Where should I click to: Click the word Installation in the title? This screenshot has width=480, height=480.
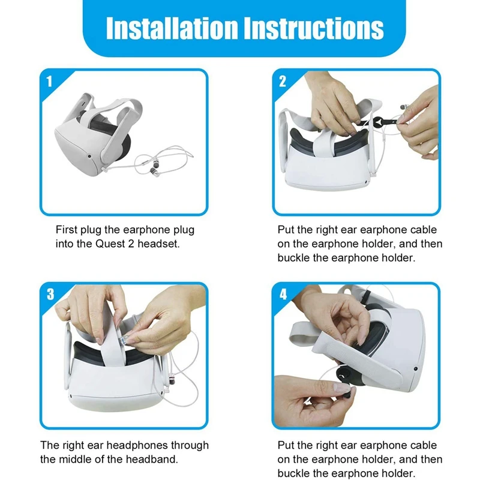(172, 28)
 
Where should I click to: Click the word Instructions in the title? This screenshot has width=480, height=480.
(314, 28)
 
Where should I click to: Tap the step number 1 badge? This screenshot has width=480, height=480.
(49, 82)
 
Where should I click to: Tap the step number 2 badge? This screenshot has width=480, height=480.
(282, 82)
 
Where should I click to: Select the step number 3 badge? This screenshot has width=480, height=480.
(50, 294)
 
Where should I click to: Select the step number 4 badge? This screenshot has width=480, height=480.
(283, 295)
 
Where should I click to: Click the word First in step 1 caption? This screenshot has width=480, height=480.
(67, 230)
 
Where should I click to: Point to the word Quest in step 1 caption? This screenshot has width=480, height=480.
(110, 244)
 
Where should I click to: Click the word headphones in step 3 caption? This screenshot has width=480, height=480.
(137, 445)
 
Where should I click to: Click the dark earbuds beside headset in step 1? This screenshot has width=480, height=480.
(154, 172)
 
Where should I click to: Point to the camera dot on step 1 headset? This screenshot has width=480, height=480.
(89, 156)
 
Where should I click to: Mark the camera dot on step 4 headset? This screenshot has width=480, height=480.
(415, 369)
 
